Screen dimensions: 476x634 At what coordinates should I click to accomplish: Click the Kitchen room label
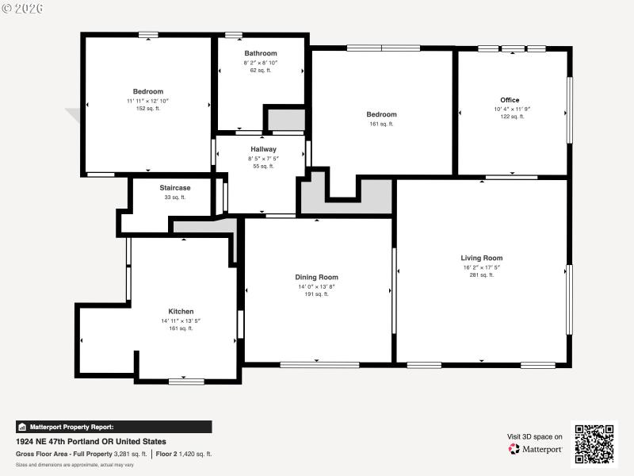pyautogui.click(x=181, y=312)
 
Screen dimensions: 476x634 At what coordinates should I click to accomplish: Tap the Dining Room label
pyautogui.click(x=316, y=277)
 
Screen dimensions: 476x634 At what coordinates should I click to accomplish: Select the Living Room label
pyautogui.click(x=481, y=258)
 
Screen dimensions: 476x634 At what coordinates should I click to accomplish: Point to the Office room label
pyautogui.click(x=510, y=100)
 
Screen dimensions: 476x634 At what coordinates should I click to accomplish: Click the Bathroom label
pyautogui.click(x=261, y=53)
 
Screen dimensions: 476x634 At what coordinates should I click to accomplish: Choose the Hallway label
pyautogui.click(x=263, y=149)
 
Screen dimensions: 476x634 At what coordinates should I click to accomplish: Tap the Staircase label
pyautogui.click(x=174, y=188)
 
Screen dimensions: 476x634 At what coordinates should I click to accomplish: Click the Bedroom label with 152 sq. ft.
pyautogui.click(x=147, y=91)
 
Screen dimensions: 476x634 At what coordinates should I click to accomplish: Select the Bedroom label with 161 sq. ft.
pyautogui.click(x=381, y=115)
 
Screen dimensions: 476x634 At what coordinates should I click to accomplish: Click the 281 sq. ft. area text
pyautogui.click(x=481, y=275)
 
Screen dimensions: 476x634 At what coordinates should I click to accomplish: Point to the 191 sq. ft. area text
pyautogui.click(x=316, y=294)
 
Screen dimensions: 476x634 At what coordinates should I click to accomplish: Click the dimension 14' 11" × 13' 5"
pyautogui.click(x=181, y=321)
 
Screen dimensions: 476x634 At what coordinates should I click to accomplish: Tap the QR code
pyautogui.click(x=594, y=444)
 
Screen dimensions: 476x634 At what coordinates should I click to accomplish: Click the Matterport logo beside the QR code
pyautogui.click(x=536, y=449)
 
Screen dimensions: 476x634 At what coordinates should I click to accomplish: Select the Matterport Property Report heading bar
pyautogui.click(x=113, y=427)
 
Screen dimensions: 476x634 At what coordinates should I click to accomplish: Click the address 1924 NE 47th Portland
pyautogui.click(x=91, y=442)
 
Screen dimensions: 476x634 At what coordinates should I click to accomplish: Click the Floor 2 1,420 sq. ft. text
pyautogui.click(x=183, y=454)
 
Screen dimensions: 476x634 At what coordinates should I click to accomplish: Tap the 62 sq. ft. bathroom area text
pyautogui.click(x=261, y=71)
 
